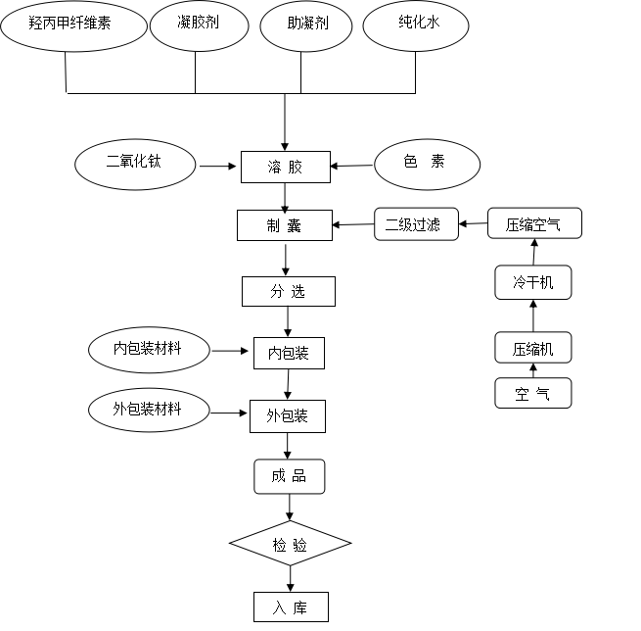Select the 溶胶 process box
(x=286, y=167)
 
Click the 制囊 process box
(x=286, y=225)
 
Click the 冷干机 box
(x=532, y=283)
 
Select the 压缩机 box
(x=532, y=348)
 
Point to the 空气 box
(x=532, y=393)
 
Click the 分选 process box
(x=289, y=291)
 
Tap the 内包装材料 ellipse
(x=148, y=349)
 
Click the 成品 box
(x=289, y=476)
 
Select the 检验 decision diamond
(x=290, y=544)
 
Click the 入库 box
(x=290, y=607)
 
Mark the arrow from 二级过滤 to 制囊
(x=354, y=226)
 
